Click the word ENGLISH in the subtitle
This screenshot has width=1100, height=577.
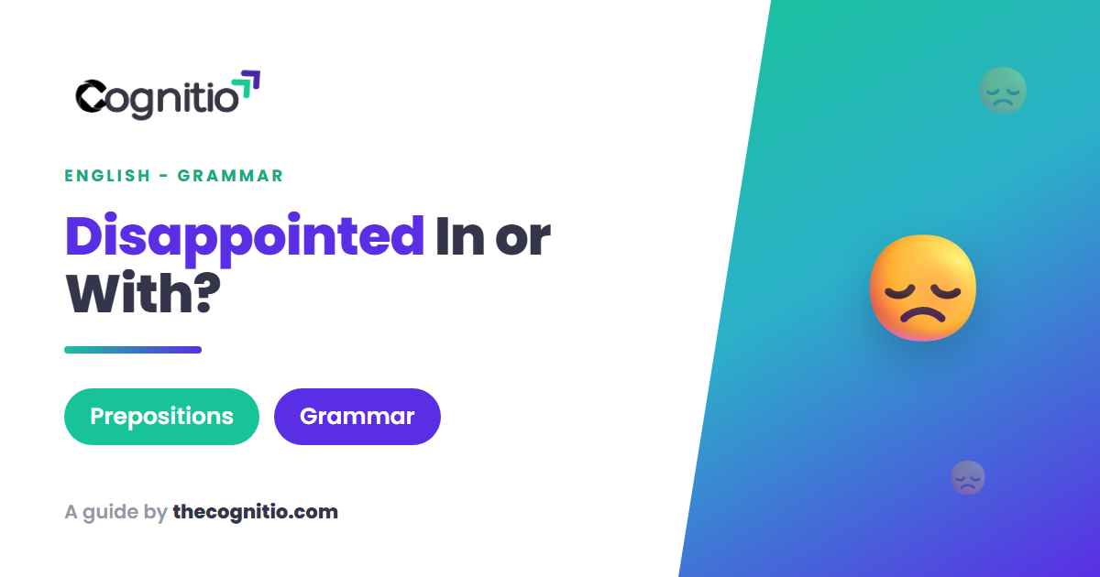[107, 176]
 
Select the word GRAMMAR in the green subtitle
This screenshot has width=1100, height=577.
[230, 176]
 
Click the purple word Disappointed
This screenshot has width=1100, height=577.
[245, 239]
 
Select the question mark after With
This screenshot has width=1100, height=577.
[208, 293]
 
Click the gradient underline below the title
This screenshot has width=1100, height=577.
[133, 350]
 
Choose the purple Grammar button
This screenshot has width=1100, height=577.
[357, 417]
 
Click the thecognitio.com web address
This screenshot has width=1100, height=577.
[256, 512]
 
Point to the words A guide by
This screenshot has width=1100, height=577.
[115, 513]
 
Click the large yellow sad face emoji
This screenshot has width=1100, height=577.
[923, 288]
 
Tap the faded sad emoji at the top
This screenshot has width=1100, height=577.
[1003, 91]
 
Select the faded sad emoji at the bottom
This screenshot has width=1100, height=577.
[968, 477]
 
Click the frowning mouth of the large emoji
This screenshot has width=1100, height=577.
[923, 312]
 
